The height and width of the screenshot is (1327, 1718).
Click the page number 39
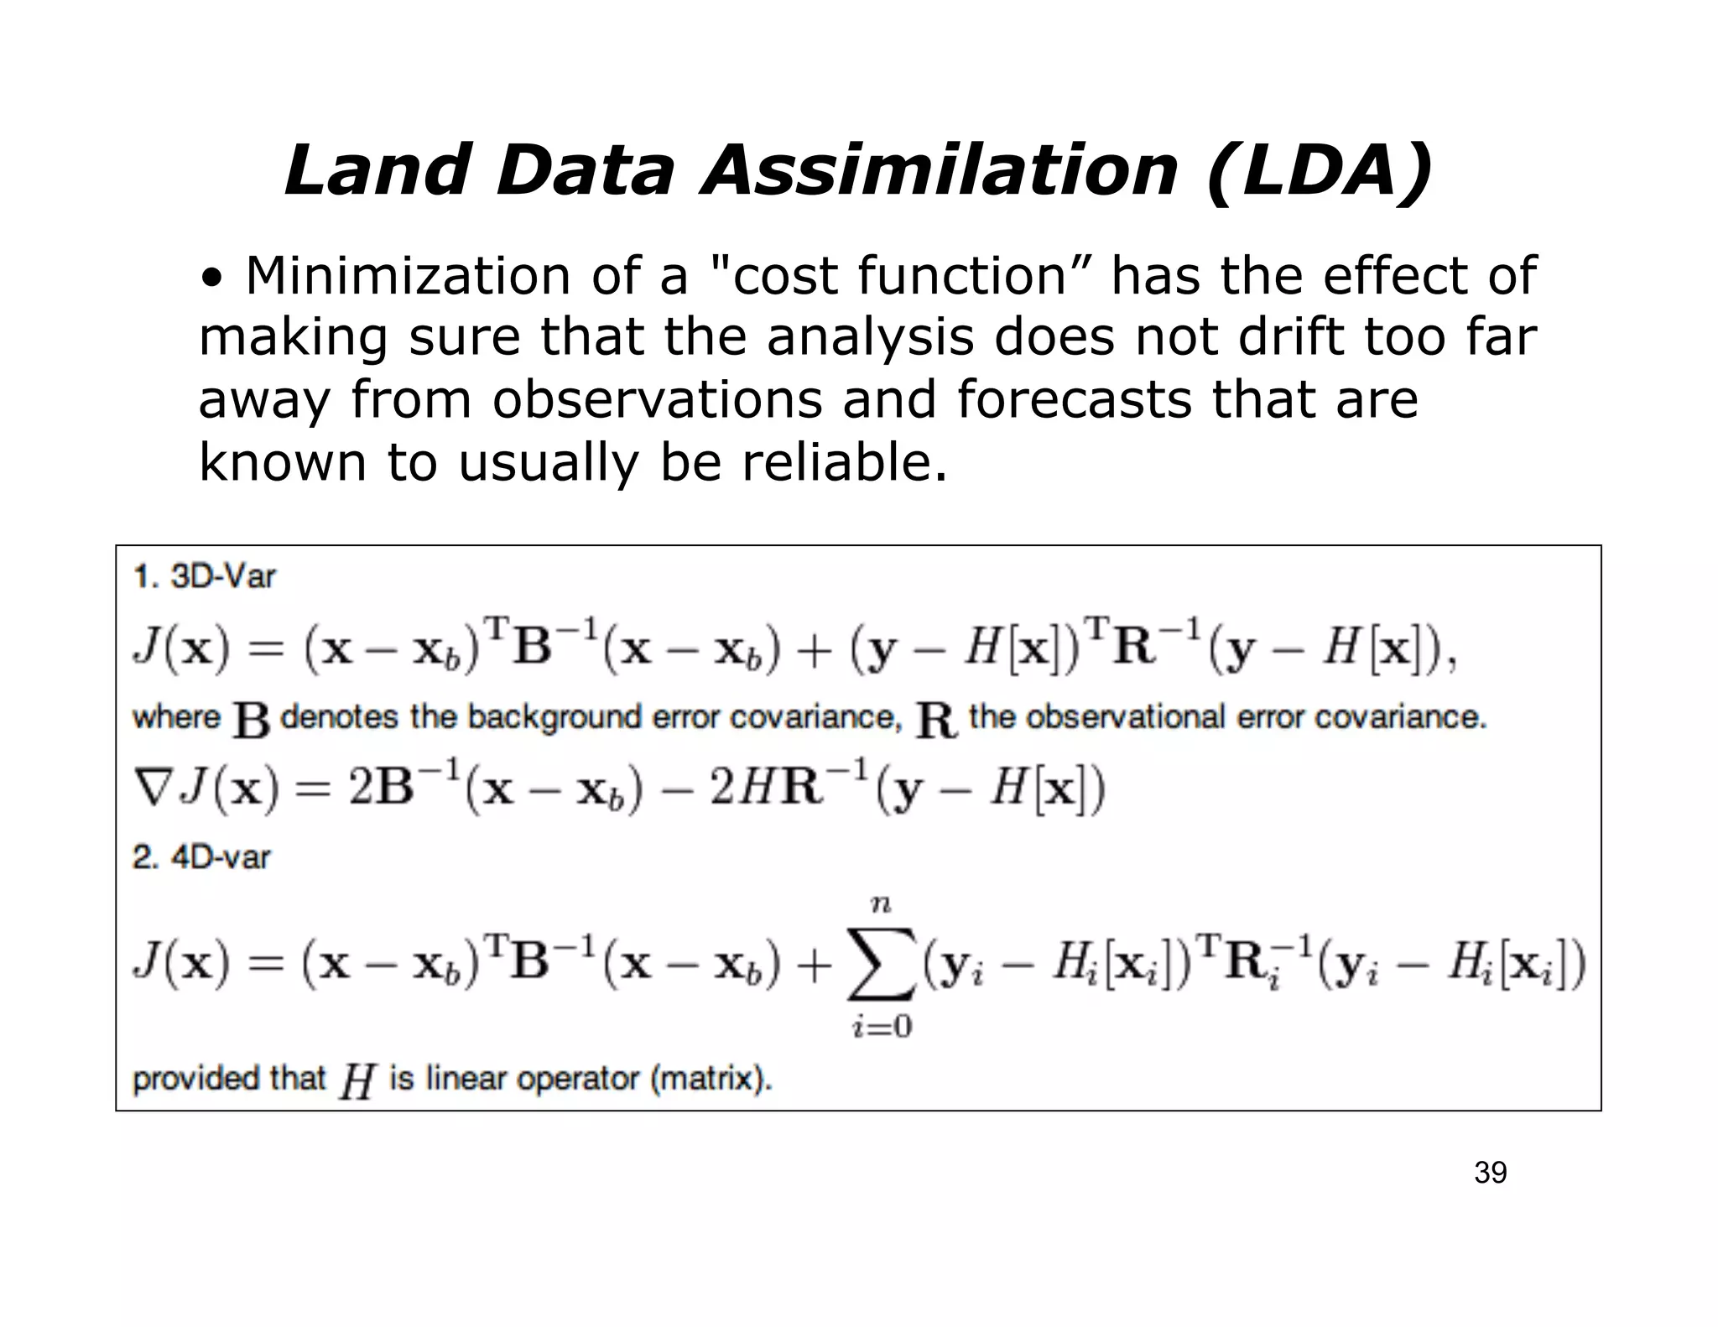1490,1173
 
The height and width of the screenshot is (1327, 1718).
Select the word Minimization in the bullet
407,276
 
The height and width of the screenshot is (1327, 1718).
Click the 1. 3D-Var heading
205,577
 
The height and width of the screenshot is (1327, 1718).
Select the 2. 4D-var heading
202,857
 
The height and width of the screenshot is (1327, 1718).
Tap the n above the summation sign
881,905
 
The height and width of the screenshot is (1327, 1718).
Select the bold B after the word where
251,720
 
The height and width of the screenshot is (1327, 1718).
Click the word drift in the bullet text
1292,337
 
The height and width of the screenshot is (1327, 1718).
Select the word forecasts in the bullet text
1075,399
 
